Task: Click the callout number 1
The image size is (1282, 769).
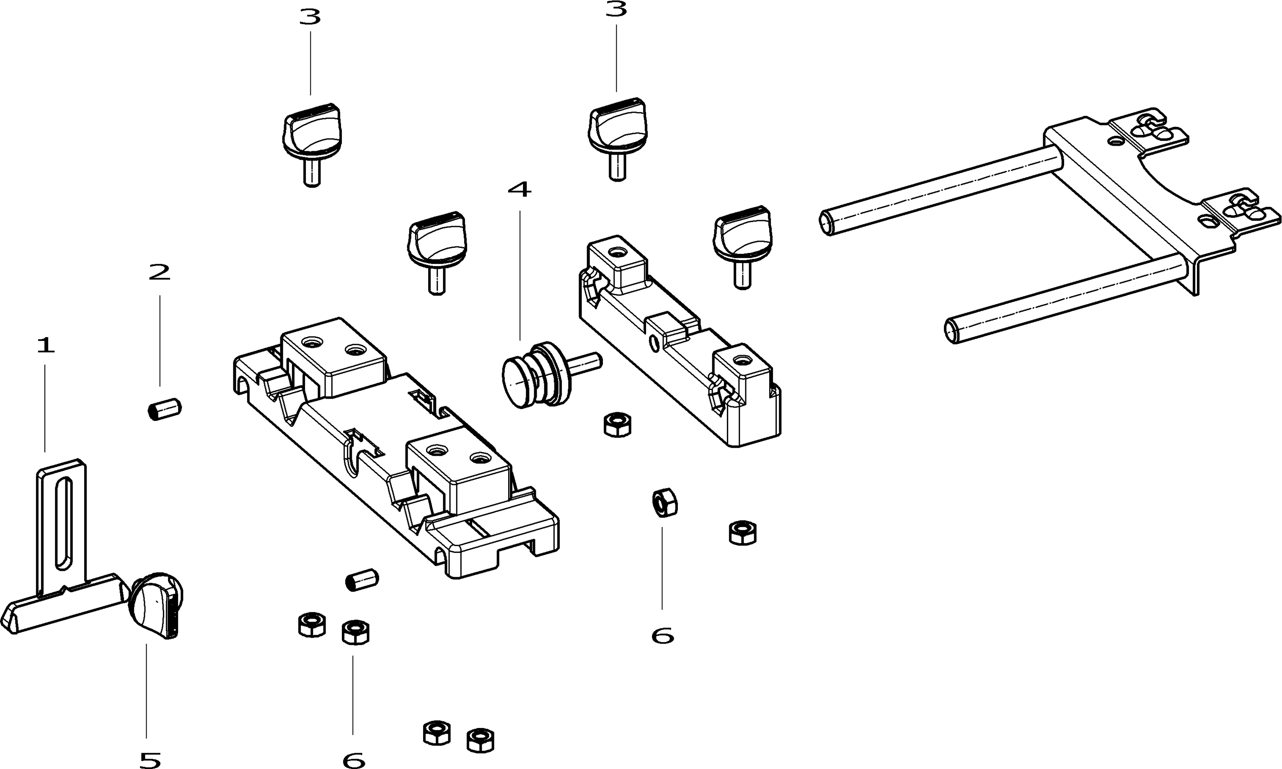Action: (46, 345)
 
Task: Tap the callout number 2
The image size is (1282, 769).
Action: (159, 273)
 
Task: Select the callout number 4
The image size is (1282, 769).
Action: (519, 190)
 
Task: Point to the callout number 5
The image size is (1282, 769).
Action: (150, 760)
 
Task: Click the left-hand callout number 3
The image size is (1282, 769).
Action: (310, 18)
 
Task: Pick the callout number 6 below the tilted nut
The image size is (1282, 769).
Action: (662, 636)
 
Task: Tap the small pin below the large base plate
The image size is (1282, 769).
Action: (362, 579)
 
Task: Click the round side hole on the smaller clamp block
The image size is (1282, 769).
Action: (655, 343)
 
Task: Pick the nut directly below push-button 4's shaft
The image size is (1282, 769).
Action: (617, 425)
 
